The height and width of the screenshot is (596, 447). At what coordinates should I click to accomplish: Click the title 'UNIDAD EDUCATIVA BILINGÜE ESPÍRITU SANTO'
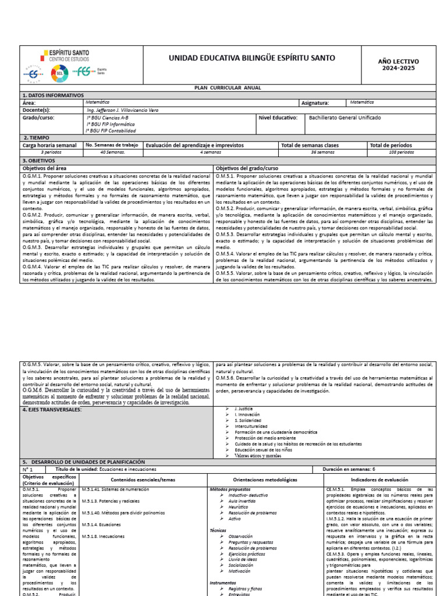click(x=251, y=58)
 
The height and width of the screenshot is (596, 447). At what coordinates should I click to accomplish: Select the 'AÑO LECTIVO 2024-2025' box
click(x=398, y=65)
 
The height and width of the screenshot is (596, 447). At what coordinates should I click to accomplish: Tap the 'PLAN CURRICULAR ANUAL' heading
click(x=227, y=88)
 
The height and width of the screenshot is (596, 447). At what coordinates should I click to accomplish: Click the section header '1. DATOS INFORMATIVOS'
click(x=53, y=95)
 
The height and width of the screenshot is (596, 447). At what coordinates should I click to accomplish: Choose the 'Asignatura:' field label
click(x=315, y=102)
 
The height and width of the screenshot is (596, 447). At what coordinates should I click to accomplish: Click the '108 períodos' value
click(x=402, y=152)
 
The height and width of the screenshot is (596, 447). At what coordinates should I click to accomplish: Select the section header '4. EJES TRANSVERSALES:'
click(x=52, y=410)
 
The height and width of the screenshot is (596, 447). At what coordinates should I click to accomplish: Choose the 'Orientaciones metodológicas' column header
click(x=265, y=480)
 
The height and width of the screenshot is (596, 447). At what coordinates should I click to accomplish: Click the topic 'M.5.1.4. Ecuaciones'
click(x=104, y=524)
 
